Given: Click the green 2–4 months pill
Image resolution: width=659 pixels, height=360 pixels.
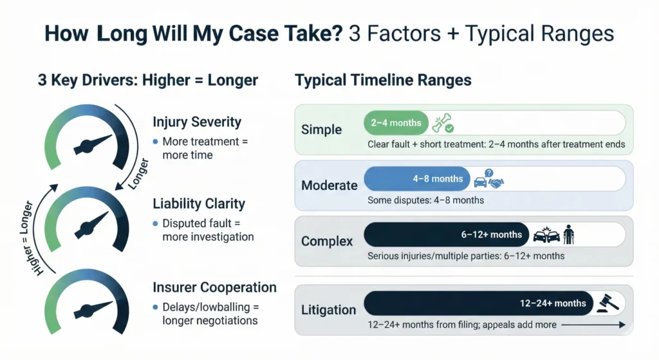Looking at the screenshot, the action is click(x=396, y=123).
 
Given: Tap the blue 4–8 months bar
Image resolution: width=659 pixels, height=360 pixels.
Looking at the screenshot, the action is click(x=417, y=179).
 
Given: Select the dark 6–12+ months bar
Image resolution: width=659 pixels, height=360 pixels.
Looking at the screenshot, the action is click(x=447, y=234).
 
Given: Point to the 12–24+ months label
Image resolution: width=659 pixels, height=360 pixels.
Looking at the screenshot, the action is click(x=553, y=303).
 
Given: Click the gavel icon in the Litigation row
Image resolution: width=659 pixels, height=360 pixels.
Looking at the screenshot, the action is click(x=608, y=303).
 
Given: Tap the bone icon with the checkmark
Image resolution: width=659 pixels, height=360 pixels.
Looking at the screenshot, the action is click(x=443, y=123).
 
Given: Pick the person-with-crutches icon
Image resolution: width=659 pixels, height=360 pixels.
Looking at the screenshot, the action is click(x=569, y=234).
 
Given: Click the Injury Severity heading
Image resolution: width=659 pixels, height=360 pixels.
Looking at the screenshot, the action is click(x=197, y=122).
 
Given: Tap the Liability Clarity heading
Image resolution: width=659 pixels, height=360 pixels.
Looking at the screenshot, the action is click(x=199, y=204).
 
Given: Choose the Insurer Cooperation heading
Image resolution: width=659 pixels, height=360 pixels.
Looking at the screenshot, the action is click(x=214, y=287).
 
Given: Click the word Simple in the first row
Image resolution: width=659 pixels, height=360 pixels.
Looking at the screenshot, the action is click(x=322, y=129).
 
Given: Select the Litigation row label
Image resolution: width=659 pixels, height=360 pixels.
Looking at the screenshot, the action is click(x=329, y=310).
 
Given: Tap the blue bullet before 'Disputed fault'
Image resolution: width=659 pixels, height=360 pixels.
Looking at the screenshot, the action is click(x=156, y=223).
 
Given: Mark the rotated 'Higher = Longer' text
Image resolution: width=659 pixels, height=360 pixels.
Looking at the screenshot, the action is click(x=28, y=238).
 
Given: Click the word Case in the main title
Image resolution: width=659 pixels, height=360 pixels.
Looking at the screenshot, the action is click(x=254, y=33).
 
